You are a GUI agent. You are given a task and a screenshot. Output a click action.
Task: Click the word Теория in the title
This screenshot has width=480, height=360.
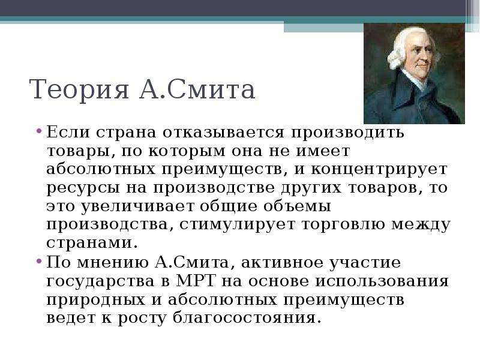pos(79,89)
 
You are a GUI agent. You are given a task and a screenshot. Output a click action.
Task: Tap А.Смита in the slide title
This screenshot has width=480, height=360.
pos(197,89)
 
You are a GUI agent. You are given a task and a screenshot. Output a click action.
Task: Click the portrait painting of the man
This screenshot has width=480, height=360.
pos(414,73)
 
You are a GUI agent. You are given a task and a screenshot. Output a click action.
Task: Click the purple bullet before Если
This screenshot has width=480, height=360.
pos(38,131)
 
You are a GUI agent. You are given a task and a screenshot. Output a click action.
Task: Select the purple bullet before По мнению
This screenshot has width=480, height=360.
pos(38,262)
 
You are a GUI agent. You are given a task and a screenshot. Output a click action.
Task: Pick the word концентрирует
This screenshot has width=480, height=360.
pos(379,170)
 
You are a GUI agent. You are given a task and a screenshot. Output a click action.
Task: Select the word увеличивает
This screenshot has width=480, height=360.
pos(137,206)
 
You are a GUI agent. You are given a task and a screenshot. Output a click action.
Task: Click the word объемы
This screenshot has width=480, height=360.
pos(297,206)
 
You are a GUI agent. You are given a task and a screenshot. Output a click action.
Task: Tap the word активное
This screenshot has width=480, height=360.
pos(282,263)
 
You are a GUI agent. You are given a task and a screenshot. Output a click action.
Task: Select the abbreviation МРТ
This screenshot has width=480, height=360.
pos(196,280)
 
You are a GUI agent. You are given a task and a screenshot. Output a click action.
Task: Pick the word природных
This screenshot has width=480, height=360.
pos(96,300)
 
